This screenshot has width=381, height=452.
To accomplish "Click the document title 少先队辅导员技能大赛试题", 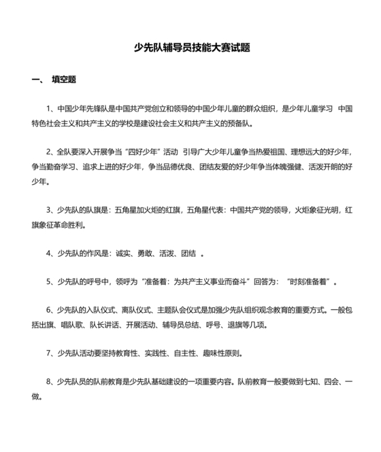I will [193, 48].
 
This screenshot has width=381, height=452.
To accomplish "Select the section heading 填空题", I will [64, 80].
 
